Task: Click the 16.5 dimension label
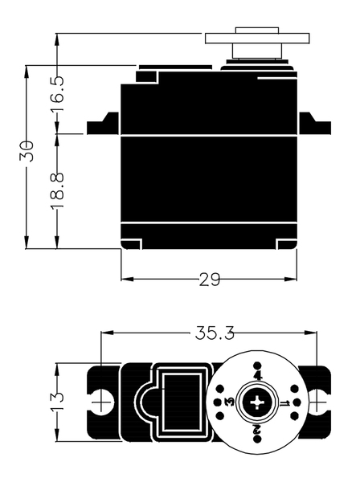point(58,93)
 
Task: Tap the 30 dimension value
point(27,151)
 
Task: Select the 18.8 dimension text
point(58,191)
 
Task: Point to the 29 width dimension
point(210,280)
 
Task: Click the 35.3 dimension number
point(215,333)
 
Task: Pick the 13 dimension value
point(58,401)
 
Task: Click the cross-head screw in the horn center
point(257,402)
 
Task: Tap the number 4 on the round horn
point(258,376)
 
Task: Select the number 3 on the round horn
point(230,402)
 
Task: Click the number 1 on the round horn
point(284,402)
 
